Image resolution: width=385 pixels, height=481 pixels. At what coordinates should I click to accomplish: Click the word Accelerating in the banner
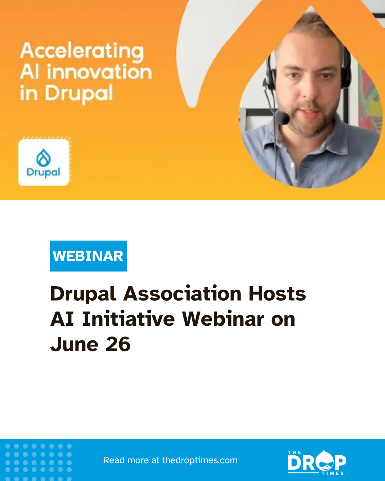click(82, 51)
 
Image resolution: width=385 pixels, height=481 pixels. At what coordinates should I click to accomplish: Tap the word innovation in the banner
click(99, 72)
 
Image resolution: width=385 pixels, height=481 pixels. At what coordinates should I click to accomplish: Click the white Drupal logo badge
click(44, 162)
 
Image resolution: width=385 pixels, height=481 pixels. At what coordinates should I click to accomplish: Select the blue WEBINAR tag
click(88, 256)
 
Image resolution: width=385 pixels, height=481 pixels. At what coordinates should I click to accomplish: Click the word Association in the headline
click(182, 294)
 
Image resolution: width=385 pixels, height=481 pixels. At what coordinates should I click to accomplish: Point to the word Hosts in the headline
click(277, 294)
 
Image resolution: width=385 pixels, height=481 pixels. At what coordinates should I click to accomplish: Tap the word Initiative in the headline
click(128, 319)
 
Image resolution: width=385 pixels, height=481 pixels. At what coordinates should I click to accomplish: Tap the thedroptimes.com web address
click(200, 460)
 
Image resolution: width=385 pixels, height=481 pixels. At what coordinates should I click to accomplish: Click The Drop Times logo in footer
click(317, 462)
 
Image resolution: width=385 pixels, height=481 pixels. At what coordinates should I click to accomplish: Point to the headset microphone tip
click(283, 118)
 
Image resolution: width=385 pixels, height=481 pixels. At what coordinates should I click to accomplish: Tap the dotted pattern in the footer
click(38, 461)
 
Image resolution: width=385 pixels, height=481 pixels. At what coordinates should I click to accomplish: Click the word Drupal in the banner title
click(79, 94)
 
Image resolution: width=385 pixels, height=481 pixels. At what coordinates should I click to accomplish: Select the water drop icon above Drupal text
click(43, 157)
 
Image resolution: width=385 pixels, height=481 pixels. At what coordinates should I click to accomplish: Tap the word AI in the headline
click(62, 319)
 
